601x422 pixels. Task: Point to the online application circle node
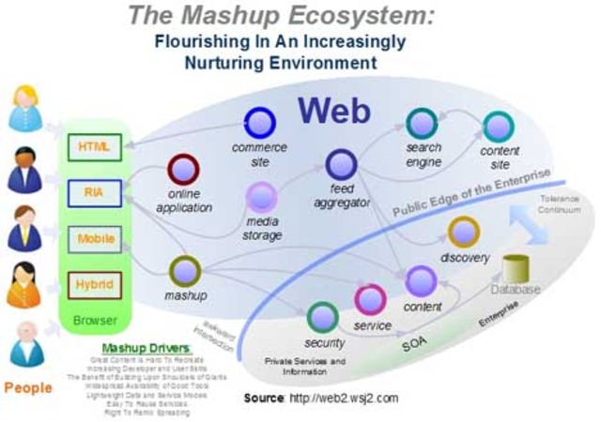pyautogui.click(x=184, y=170)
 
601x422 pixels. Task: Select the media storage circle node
pyautogui.click(x=261, y=196)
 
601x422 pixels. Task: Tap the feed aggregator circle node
pyautogui.click(x=339, y=165)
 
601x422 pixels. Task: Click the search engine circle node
pyautogui.click(x=423, y=124)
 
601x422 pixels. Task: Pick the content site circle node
pyautogui.click(x=499, y=126)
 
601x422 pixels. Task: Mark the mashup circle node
pyautogui.click(x=185, y=272)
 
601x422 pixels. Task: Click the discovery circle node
pyautogui.click(x=464, y=232)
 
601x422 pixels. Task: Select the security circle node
pyautogui.click(x=323, y=317)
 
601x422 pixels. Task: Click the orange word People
pyautogui.click(x=29, y=387)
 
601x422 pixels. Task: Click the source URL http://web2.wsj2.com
pyautogui.click(x=346, y=398)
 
